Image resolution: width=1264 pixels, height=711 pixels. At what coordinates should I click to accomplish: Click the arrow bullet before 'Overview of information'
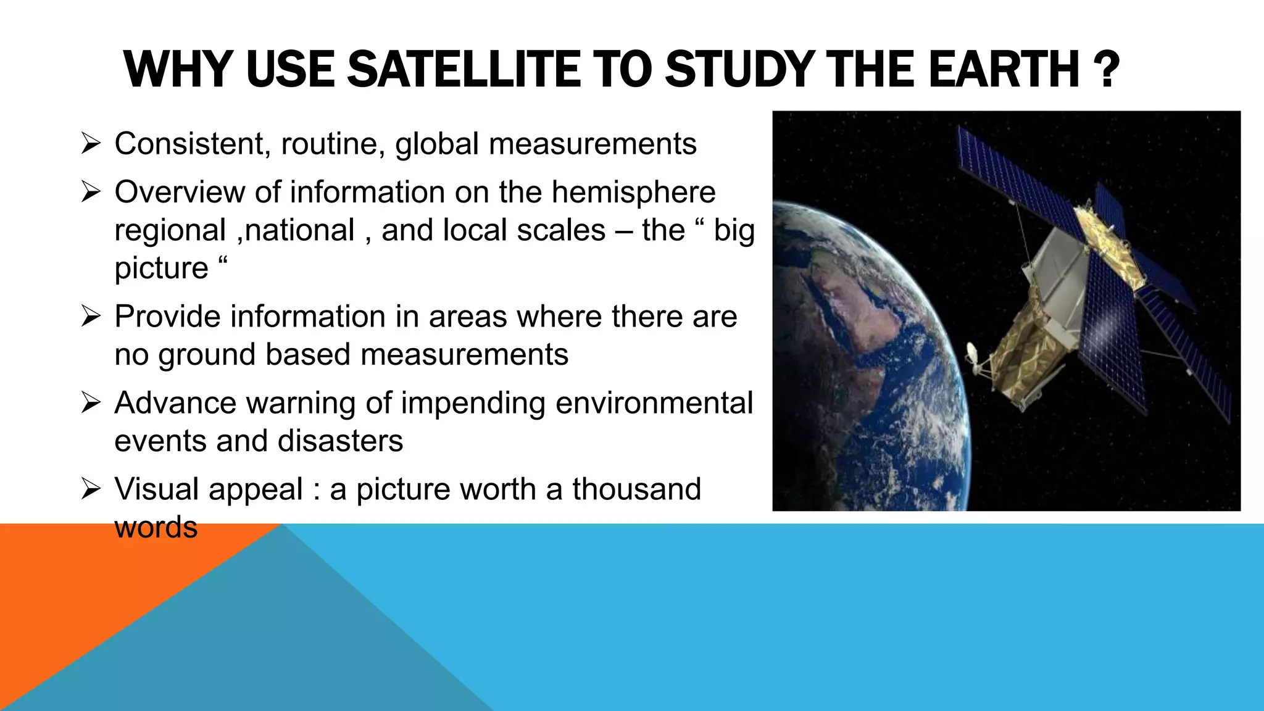[91, 192]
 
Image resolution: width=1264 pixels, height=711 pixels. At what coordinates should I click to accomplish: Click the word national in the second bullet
[301, 230]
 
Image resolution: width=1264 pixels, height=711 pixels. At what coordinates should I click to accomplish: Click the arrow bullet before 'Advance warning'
[91, 403]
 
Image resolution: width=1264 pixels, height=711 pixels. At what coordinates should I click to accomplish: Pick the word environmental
[654, 403]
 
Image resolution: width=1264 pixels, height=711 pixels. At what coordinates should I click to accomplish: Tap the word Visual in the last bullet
[157, 489]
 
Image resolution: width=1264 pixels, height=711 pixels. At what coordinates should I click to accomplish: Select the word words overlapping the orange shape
[156, 528]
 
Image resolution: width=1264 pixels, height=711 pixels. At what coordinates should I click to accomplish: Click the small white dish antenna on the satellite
[972, 354]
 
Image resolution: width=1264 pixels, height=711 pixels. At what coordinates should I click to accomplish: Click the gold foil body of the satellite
[1018, 346]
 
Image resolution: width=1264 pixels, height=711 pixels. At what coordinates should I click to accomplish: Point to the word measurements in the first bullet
[592, 144]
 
